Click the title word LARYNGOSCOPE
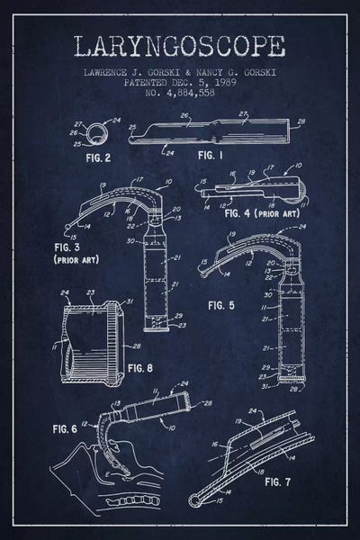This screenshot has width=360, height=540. (x=180, y=47)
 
